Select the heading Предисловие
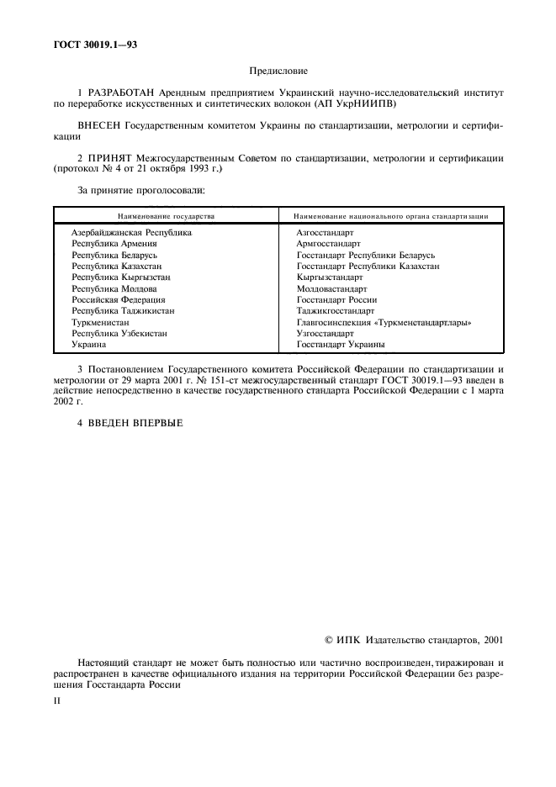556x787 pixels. [x=278, y=72]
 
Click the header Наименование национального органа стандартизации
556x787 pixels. [x=392, y=216]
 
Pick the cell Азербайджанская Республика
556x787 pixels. [x=131, y=232]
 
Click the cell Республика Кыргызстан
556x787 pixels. [x=121, y=277]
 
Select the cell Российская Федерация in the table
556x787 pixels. [x=119, y=299]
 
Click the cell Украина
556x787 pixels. [x=88, y=345]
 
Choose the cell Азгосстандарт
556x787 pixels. [x=325, y=232]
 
